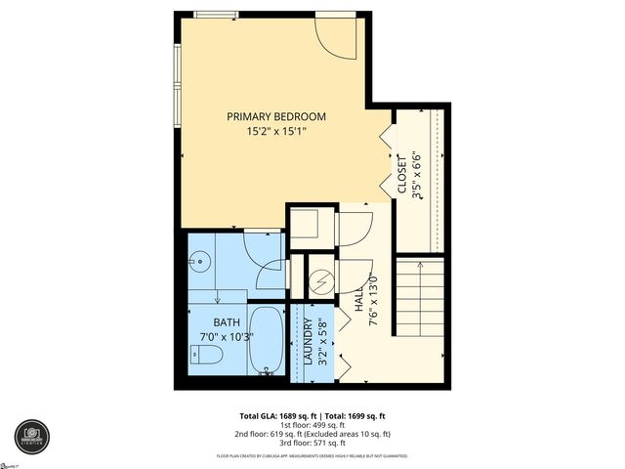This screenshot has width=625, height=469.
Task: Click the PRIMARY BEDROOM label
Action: (276, 116)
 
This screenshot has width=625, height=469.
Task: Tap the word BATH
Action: (227, 322)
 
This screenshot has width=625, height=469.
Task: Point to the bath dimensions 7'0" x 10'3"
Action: (227, 337)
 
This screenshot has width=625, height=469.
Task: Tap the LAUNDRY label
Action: (308, 342)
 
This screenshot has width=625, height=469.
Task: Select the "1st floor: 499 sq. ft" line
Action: (312, 425)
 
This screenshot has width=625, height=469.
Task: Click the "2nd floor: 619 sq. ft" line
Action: (312, 434)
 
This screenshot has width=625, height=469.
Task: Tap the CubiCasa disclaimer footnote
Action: (312, 456)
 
